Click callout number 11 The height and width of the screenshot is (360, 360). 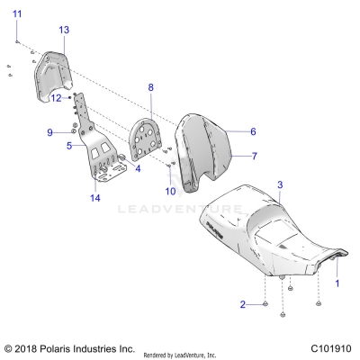(17, 12)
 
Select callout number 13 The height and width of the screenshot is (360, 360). (64, 30)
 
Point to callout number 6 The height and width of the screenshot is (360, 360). (253, 131)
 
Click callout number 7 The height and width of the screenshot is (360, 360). (253, 156)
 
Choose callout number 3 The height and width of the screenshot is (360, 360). (280, 184)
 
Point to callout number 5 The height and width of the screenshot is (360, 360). (68, 144)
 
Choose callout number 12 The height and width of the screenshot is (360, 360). (55, 96)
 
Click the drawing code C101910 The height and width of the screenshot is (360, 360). (330, 347)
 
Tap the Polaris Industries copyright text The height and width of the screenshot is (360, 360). (68, 347)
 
